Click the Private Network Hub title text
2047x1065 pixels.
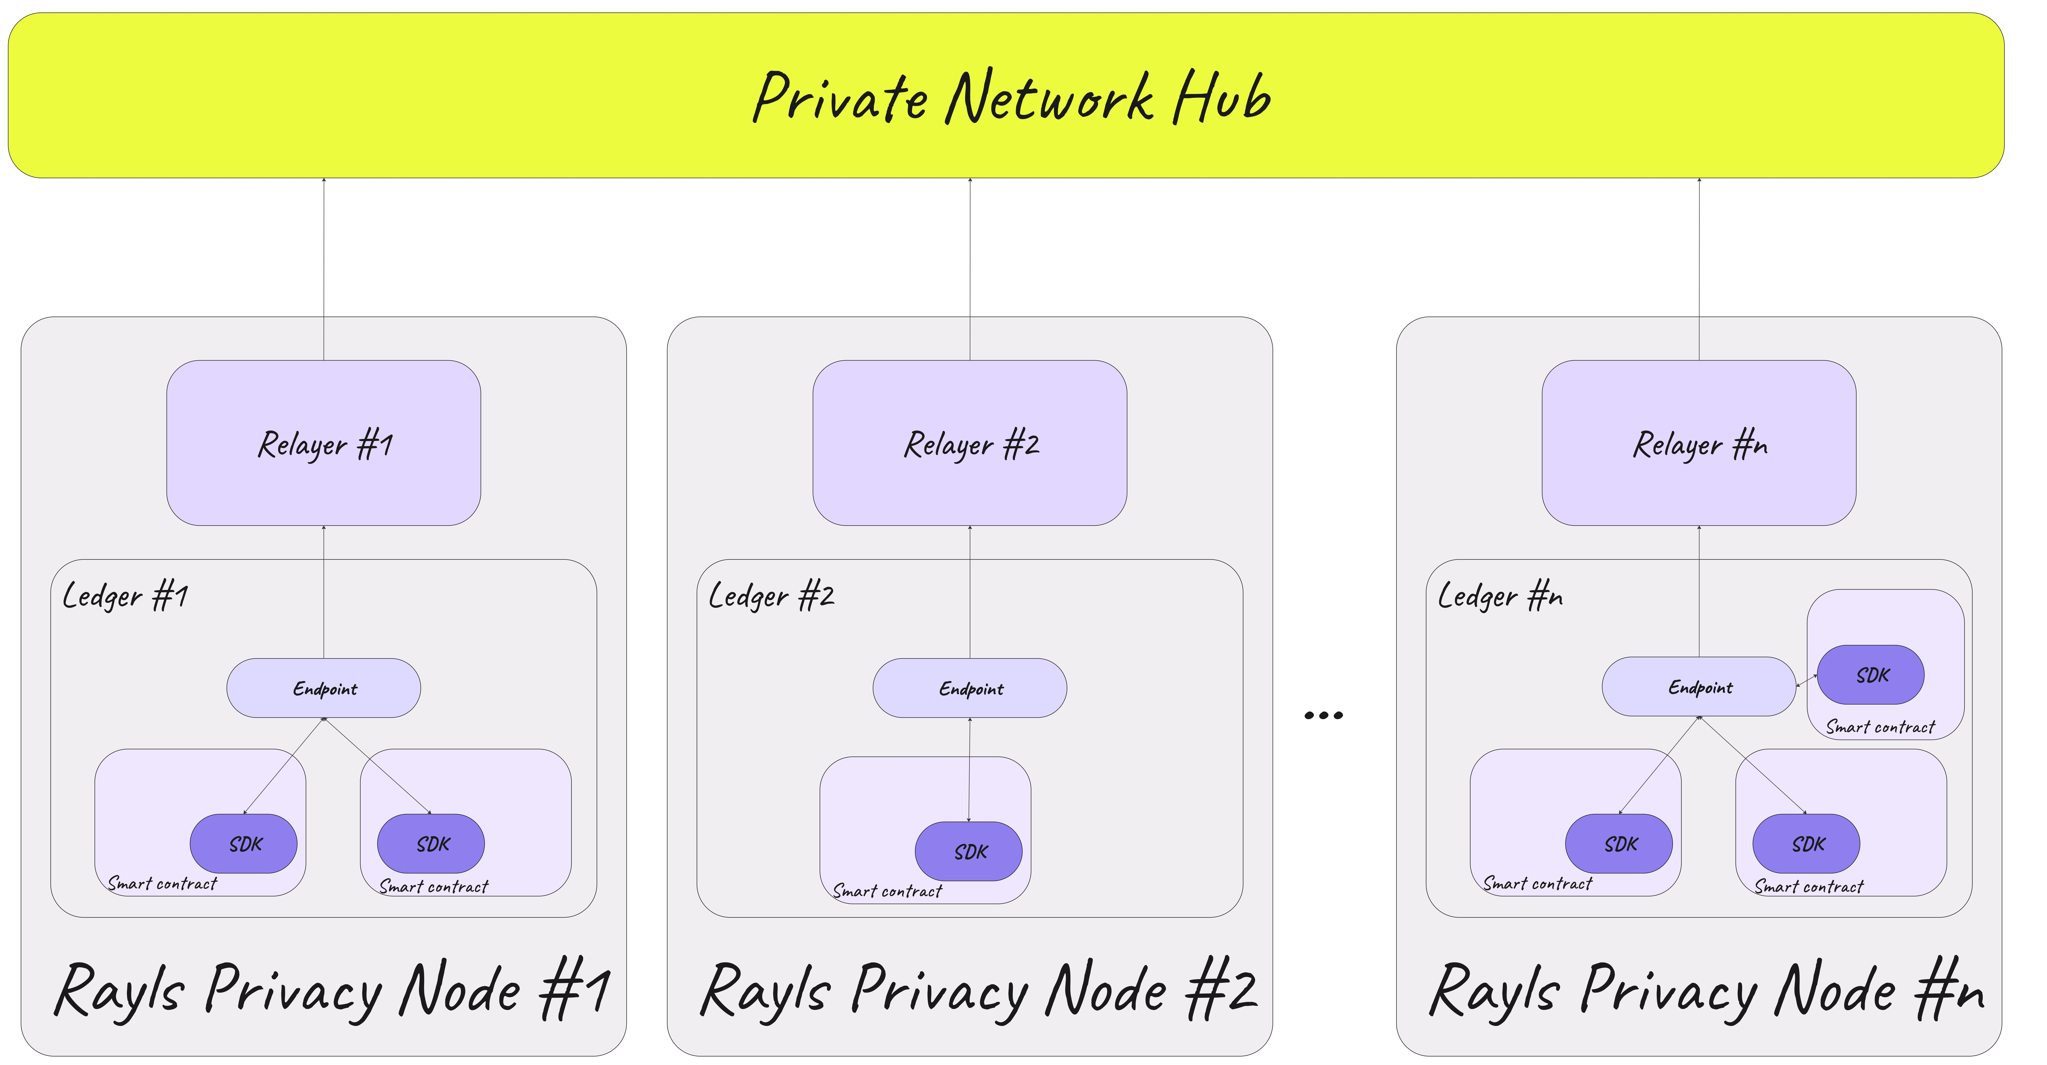(x=1012, y=97)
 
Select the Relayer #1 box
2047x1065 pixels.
(x=323, y=443)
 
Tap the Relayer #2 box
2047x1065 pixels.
(x=969, y=443)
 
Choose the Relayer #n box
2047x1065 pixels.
(x=1699, y=443)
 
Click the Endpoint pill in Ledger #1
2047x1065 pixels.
(x=323, y=688)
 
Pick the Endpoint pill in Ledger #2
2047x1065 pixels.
(x=969, y=688)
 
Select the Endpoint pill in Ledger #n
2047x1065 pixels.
(x=1699, y=687)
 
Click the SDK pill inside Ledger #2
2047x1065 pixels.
(x=969, y=851)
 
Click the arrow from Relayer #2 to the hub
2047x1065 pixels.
(x=969, y=269)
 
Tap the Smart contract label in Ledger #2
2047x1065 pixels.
(x=887, y=891)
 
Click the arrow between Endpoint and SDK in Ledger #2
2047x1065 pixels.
(x=969, y=769)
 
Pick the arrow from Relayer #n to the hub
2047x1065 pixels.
(x=1699, y=269)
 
